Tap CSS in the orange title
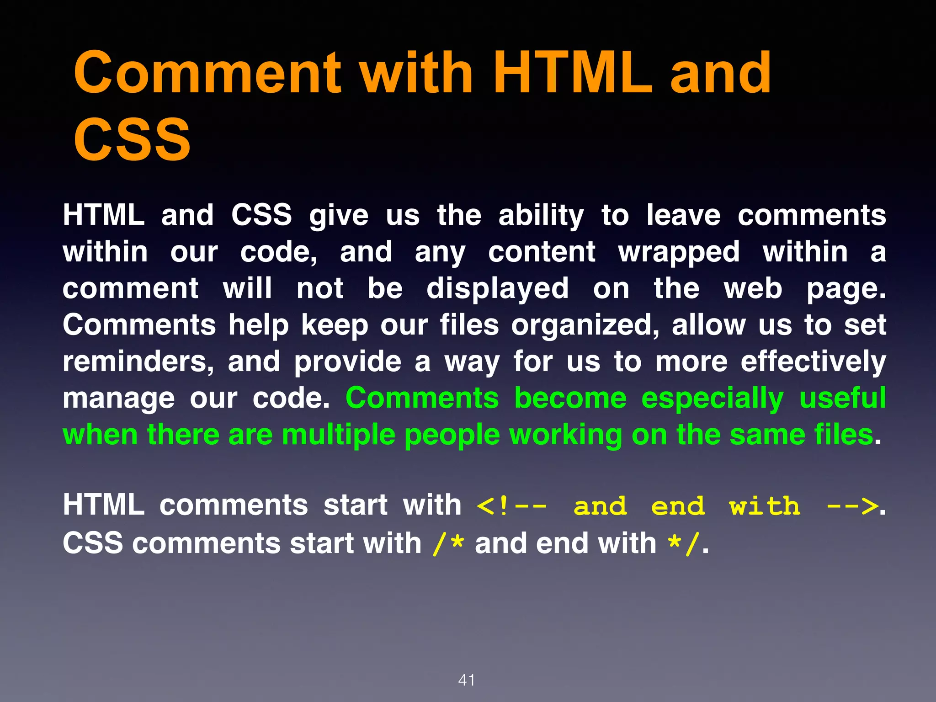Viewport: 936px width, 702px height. [x=132, y=139]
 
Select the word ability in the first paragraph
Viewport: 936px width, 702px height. [x=541, y=216]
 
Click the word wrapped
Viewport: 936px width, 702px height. [x=679, y=253]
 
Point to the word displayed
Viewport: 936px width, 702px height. [x=498, y=289]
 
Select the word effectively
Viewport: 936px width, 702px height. [x=813, y=362]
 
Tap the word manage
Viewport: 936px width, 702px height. [x=119, y=399]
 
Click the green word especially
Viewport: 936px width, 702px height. [x=713, y=399]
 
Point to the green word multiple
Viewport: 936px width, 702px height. [x=338, y=435]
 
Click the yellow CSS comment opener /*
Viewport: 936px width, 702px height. [x=448, y=543]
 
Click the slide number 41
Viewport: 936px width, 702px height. [x=467, y=680]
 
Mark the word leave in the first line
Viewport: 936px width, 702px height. [x=683, y=216]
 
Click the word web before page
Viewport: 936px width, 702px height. [x=753, y=289]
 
